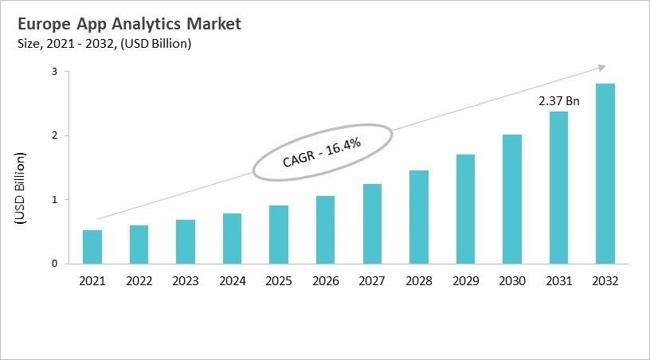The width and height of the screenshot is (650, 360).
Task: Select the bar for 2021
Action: pyautogui.click(x=92, y=247)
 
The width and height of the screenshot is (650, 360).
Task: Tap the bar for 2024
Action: pyautogui.click(x=233, y=238)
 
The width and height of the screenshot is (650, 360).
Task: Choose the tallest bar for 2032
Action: pyautogui.click(x=605, y=174)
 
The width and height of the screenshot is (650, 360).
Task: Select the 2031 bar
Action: pyautogui.click(x=558, y=188)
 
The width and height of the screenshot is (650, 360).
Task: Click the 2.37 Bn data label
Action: pyautogui.click(x=558, y=101)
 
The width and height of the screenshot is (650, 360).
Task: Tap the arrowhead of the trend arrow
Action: pyautogui.click(x=602, y=68)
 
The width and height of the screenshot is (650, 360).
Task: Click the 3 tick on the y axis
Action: pyautogui.click(x=54, y=72)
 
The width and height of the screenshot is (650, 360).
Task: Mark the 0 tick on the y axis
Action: pyautogui.click(x=54, y=264)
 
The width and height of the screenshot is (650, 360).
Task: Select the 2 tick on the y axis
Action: pyautogui.click(x=54, y=136)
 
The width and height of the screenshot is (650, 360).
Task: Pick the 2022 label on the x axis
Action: pyautogui.click(x=139, y=280)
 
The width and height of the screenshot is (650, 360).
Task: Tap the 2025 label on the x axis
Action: pyautogui.click(x=279, y=280)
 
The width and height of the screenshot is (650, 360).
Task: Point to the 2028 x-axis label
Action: pyautogui.click(x=418, y=280)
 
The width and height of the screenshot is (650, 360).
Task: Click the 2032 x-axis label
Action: pyautogui.click(x=605, y=280)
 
